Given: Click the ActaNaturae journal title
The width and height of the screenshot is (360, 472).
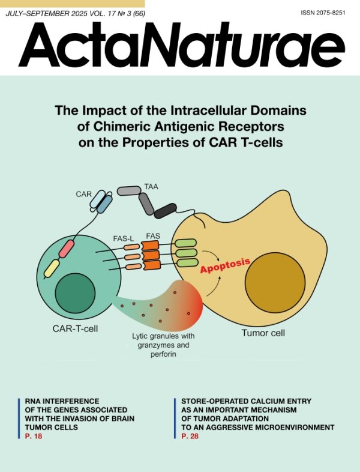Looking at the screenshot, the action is (x=182, y=44).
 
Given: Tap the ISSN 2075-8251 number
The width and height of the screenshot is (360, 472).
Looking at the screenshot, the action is (x=323, y=13).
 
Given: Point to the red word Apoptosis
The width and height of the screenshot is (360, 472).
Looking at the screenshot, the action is (x=225, y=265).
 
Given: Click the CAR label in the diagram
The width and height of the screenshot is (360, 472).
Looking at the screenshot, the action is (x=83, y=194).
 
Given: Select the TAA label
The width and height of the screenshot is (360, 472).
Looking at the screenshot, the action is (x=151, y=187).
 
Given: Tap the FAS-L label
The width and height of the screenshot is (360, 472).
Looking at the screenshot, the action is (x=124, y=239).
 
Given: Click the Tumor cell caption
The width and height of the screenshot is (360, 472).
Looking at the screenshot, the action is (x=263, y=333).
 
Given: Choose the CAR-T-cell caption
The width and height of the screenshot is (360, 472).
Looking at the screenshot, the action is (x=75, y=328).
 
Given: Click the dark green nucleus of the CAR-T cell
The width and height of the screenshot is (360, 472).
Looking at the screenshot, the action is (x=75, y=293).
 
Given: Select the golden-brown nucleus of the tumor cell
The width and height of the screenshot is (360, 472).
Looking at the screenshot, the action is (x=275, y=283).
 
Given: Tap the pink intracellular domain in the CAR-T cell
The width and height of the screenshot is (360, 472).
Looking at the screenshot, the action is (x=66, y=249).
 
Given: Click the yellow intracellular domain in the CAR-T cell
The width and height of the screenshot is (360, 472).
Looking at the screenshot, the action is (x=52, y=268).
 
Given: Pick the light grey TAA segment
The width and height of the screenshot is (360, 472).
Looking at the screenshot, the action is (x=129, y=190).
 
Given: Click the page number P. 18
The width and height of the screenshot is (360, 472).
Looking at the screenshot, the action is (x=34, y=436).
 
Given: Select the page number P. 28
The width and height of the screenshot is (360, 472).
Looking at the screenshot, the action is (x=190, y=436).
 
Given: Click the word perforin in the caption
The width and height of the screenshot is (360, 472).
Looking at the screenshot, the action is (x=163, y=354).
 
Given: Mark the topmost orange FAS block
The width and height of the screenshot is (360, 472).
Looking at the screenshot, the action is (x=150, y=246).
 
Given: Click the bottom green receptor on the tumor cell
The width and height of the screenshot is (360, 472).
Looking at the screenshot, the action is (x=187, y=263).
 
